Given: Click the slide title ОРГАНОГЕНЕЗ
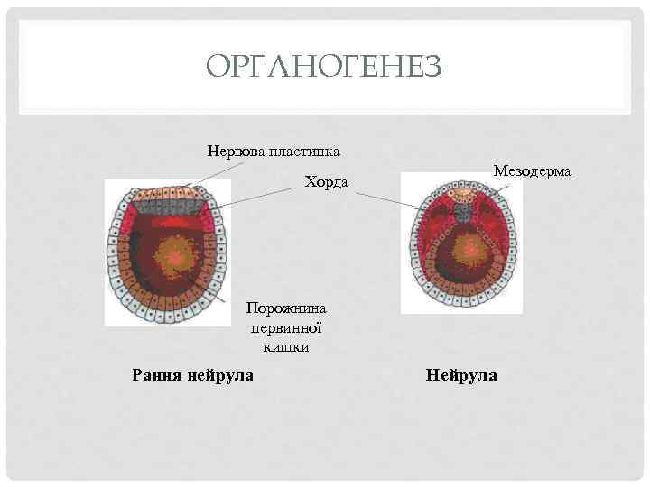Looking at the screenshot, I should pyautogui.click(x=323, y=67).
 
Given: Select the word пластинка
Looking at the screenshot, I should pyautogui.click(x=306, y=149).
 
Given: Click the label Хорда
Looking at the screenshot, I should pyautogui.click(x=326, y=183).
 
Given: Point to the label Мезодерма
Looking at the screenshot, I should pyautogui.click(x=539, y=170).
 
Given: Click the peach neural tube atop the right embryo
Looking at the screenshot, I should pyautogui.click(x=461, y=194).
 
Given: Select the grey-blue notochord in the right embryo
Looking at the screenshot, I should pyautogui.click(x=461, y=213).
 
